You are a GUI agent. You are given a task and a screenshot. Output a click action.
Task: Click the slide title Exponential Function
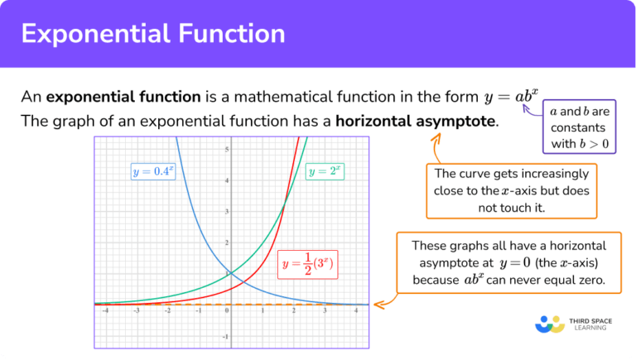pyautogui.click(x=153, y=34)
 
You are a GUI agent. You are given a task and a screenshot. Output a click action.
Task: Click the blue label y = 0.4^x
pyautogui.click(x=154, y=172)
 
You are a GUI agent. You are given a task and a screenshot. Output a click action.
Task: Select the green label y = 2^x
pyautogui.click(x=325, y=172)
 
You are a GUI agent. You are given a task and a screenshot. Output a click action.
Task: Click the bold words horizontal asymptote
pyautogui.click(x=417, y=121)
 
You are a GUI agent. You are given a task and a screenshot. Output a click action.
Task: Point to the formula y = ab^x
pyautogui.click(x=512, y=96)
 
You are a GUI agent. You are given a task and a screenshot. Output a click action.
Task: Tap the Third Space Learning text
pyautogui.click(x=593, y=324)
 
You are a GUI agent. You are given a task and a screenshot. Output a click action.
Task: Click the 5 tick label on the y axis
pyautogui.click(x=227, y=149)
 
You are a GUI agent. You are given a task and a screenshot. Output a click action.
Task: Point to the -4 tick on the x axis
pyautogui.click(x=104, y=312)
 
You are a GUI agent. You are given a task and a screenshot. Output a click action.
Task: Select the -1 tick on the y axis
pyautogui.click(x=226, y=337)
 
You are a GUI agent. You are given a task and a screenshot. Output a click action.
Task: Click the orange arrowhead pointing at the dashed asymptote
pyautogui.click(x=379, y=304)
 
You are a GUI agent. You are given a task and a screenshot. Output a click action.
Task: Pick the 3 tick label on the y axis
pyautogui.click(x=227, y=211)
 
